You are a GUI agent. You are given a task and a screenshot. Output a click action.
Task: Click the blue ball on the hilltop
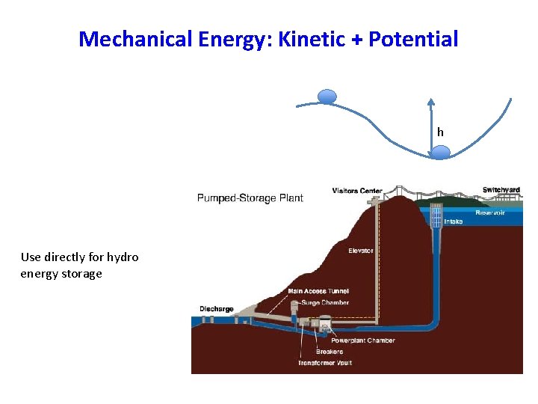tap(327, 96)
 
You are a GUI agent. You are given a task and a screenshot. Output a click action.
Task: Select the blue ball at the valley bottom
tap(441, 153)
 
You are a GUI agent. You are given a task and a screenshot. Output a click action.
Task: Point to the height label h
tap(440, 132)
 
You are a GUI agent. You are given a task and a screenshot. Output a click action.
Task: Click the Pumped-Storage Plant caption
tap(250, 198)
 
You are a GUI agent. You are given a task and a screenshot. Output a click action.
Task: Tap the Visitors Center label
tap(357, 191)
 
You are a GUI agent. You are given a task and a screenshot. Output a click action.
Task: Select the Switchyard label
tap(501, 190)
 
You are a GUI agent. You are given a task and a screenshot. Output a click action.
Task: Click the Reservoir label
tap(490, 213)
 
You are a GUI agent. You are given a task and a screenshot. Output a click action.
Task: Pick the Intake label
tap(454, 221)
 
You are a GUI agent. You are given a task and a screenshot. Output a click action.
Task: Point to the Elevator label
tap(360, 251)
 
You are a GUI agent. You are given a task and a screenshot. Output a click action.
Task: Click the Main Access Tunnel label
tap(318, 291)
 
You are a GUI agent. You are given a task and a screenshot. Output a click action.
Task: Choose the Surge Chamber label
tap(324, 302)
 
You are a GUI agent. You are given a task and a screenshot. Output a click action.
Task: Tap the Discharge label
tap(216, 308)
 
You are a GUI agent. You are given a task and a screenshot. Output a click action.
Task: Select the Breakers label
tap(329, 352)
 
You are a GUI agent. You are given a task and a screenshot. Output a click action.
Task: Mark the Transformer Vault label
tap(324, 363)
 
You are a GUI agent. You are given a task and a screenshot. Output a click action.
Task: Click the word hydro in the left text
tap(123, 257)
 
